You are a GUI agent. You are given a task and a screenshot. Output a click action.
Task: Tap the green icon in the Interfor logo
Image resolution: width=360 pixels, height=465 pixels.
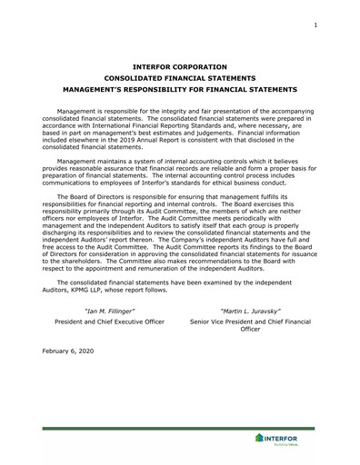click(x=259, y=440)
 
